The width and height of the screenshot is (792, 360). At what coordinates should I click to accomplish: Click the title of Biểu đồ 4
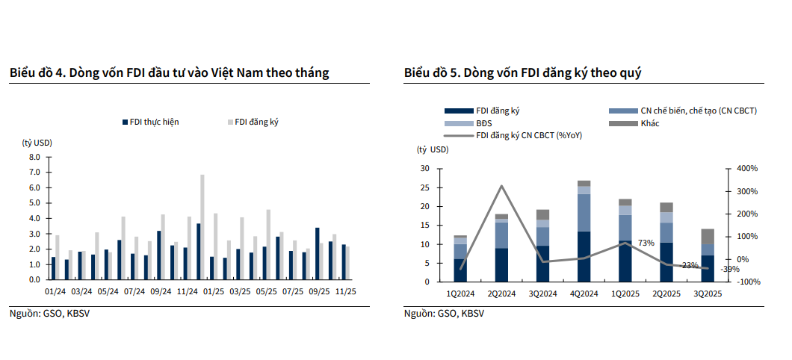tap(169, 72)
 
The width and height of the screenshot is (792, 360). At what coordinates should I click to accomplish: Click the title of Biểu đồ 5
tap(523, 72)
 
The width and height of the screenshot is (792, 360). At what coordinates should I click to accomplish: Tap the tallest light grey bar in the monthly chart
tap(202, 226)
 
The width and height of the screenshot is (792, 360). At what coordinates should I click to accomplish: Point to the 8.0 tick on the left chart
tap(34, 157)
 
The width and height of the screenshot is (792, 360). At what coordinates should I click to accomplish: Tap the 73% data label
tap(646, 243)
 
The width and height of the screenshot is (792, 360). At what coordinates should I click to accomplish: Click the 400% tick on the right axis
tap(747, 169)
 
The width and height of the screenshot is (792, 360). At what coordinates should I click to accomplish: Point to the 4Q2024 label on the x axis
tap(584, 294)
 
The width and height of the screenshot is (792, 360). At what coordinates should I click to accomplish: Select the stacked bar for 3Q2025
tap(708, 255)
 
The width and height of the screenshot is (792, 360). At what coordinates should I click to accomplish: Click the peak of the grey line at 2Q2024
tap(502, 186)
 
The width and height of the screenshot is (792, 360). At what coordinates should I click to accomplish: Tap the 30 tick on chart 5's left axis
tap(425, 169)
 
